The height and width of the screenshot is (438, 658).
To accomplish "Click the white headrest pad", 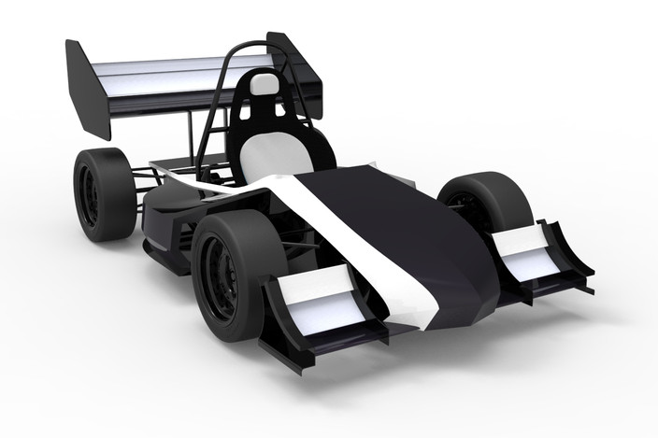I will [x=265, y=85].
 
